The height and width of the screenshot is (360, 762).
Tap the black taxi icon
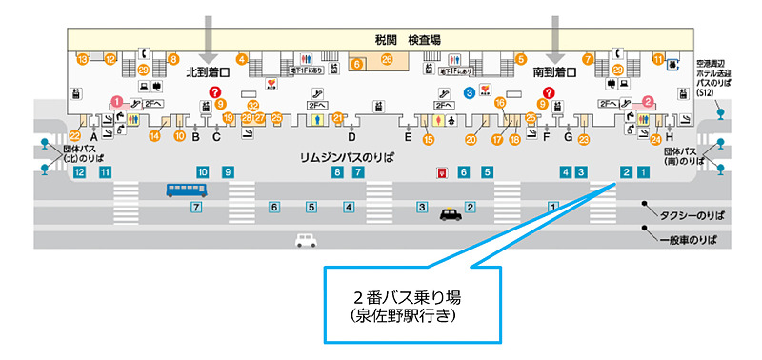coord(451,216)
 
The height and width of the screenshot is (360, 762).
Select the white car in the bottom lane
coord(306,240)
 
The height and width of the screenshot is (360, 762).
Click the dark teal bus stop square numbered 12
coord(80,172)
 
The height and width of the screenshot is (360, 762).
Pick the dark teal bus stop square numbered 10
coord(203,172)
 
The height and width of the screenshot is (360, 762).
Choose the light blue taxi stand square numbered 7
coord(196,207)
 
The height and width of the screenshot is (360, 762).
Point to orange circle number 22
coord(75,137)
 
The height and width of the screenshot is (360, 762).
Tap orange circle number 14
coord(155,136)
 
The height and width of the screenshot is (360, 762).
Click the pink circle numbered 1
coord(116,100)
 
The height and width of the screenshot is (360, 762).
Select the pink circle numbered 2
coord(647,100)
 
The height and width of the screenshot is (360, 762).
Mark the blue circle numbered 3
coord(470,91)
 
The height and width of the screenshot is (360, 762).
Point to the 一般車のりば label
coord(687,240)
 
